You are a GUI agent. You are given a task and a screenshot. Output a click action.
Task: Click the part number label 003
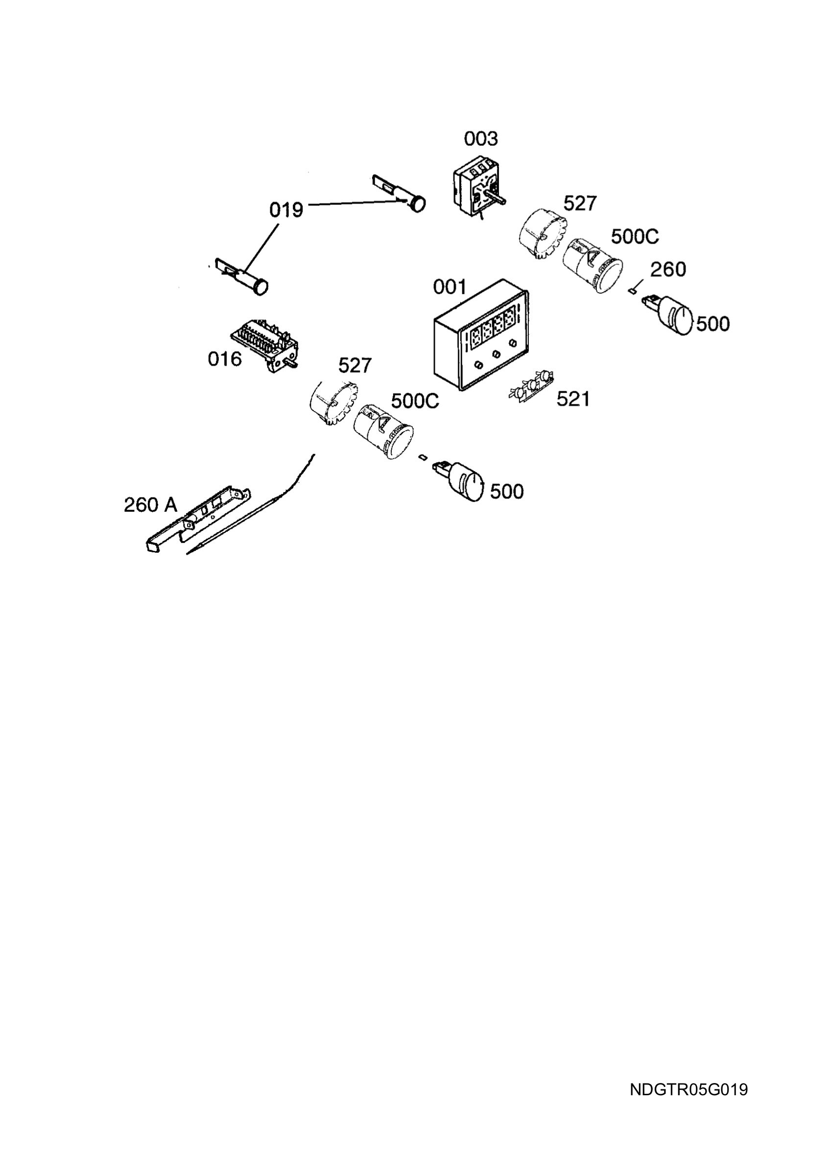coord(480,138)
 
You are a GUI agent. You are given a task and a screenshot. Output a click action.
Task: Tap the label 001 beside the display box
coord(450,287)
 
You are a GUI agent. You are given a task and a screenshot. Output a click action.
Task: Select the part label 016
coord(225,359)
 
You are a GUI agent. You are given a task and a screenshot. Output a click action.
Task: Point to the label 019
coord(286,210)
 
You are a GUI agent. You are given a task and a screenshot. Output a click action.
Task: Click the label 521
coord(573,399)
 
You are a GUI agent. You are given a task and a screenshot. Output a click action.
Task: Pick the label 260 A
coord(150,505)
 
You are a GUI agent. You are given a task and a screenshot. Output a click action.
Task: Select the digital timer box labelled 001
coord(481,335)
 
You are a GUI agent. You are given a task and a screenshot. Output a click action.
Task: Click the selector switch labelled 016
coord(265,343)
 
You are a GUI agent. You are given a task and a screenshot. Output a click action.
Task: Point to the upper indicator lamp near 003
coord(399,193)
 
